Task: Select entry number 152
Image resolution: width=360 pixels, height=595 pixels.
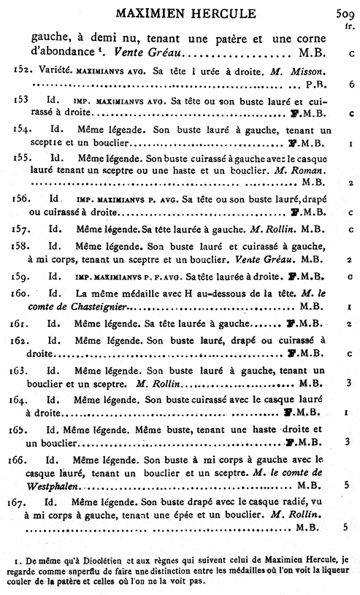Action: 21,69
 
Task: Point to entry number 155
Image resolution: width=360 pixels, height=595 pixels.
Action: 21,157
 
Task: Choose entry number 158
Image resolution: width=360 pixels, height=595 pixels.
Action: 21,245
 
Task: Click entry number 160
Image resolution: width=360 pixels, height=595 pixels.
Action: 21,293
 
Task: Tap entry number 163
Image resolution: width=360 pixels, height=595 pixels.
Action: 21,370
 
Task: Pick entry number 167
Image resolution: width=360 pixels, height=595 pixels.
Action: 21,503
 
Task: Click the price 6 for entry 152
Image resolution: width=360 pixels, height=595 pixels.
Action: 351,85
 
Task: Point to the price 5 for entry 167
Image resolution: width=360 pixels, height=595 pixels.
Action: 345,526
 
